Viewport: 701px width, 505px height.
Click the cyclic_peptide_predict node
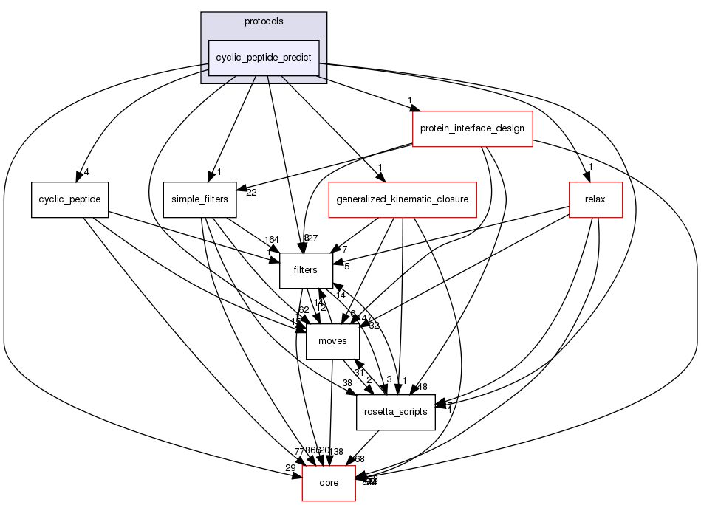pos(264,58)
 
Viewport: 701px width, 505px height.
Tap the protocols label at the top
pos(264,21)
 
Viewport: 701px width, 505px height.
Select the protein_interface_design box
pos(472,128)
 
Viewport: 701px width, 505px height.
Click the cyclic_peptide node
pos(70,199)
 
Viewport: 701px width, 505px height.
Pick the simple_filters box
pos(199,199)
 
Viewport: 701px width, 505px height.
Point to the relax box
pos(595,199)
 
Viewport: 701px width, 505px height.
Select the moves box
pos(332,341)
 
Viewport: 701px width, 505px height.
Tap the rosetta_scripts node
pos(396,412)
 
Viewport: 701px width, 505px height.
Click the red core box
pos(328,483)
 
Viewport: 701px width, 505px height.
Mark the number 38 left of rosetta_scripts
pos(346,383)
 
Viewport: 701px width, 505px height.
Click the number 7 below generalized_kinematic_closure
pos(343,249)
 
